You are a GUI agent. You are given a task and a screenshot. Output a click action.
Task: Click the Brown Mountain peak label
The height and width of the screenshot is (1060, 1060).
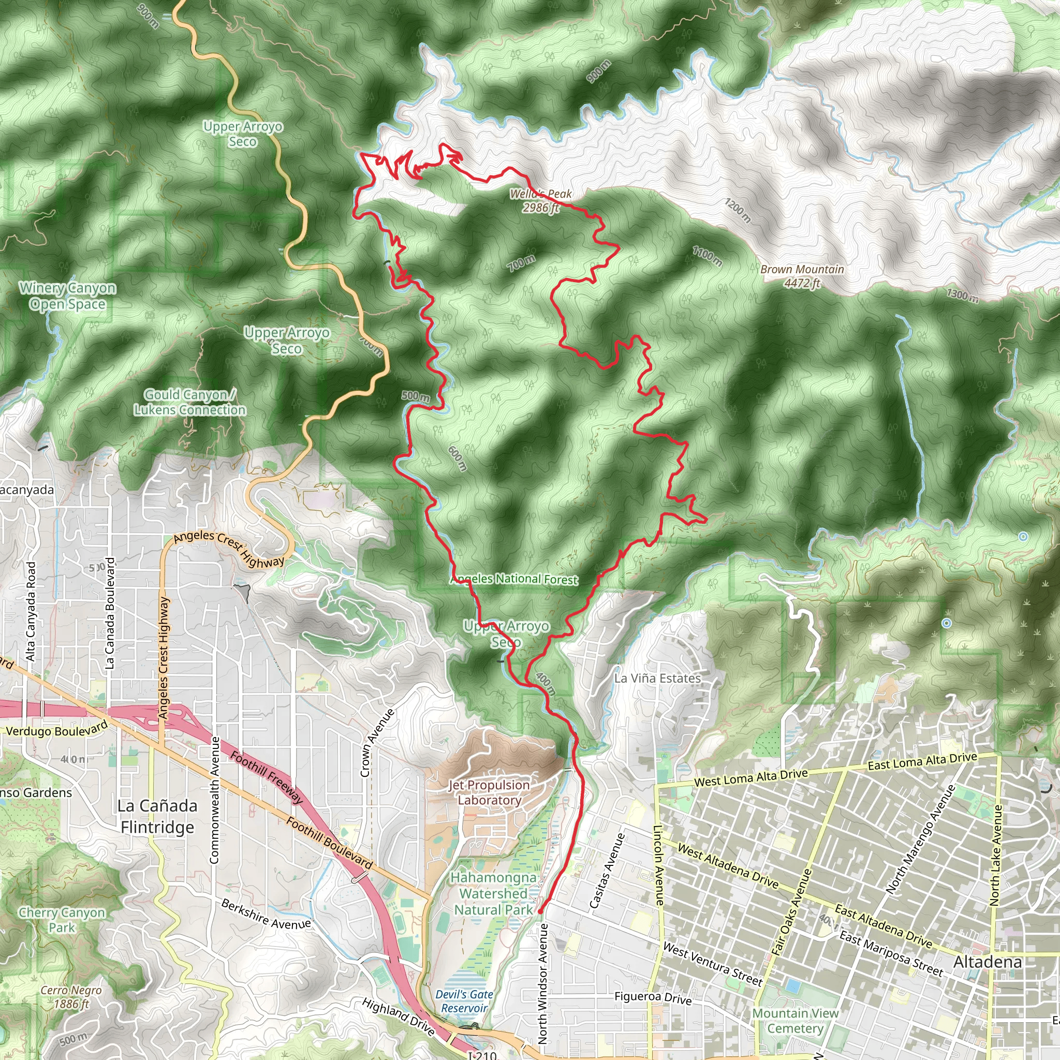pos(802,276)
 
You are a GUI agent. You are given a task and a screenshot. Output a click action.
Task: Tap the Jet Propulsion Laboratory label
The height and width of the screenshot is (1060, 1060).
pos(489,792)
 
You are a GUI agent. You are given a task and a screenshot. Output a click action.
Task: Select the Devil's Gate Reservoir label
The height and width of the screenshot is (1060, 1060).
pos(464,1002)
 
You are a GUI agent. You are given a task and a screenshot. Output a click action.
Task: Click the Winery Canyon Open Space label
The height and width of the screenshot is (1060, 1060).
pos(67,296)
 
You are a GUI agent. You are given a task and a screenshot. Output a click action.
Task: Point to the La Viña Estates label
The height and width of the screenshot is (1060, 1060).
pos(657,678)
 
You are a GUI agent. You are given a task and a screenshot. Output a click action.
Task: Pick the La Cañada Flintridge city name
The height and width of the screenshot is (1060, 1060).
pos(157,816)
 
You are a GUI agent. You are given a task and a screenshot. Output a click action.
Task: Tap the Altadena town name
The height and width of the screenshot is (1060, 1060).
pos(987,962)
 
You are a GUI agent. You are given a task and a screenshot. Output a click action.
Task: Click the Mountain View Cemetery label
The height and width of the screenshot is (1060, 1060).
pos(795,1021)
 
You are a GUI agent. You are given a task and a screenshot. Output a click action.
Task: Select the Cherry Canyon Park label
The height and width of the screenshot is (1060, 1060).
pos(62,920)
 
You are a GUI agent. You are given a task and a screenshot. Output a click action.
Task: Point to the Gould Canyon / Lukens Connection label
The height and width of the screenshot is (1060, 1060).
pos(190,402)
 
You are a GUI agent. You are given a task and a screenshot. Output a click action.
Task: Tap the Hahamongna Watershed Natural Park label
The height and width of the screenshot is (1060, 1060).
pos(493,894)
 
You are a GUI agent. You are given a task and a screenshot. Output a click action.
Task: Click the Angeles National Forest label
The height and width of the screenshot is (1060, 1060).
pos(514,579)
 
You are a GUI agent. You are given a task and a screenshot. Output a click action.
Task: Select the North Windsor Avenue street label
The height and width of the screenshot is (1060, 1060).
pos(542,982)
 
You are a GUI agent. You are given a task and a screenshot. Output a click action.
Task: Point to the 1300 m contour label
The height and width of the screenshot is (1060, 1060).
pos(962,295)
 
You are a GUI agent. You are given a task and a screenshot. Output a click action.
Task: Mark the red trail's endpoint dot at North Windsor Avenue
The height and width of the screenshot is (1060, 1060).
pos(540,911)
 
